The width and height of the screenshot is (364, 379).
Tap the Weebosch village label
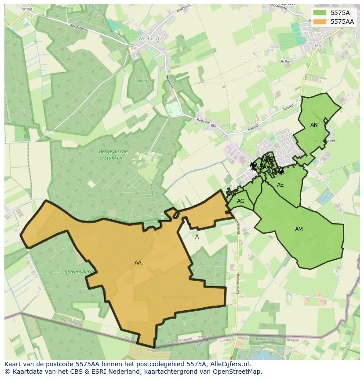tap(147, 38)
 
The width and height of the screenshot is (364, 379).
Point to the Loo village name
tap(319, 45)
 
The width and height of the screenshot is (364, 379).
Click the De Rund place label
tap(286, 62)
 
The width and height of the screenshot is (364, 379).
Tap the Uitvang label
tap(142, 81)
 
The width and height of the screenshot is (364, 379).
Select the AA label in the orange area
tap(138, 263)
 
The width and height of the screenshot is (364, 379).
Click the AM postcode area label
tap(299, 229)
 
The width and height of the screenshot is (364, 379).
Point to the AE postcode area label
tap(280, 185)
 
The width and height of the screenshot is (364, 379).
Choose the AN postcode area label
tap(314, 125)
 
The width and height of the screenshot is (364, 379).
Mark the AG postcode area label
tap(240, 201)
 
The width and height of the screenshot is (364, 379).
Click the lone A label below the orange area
tap(197, 237)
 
